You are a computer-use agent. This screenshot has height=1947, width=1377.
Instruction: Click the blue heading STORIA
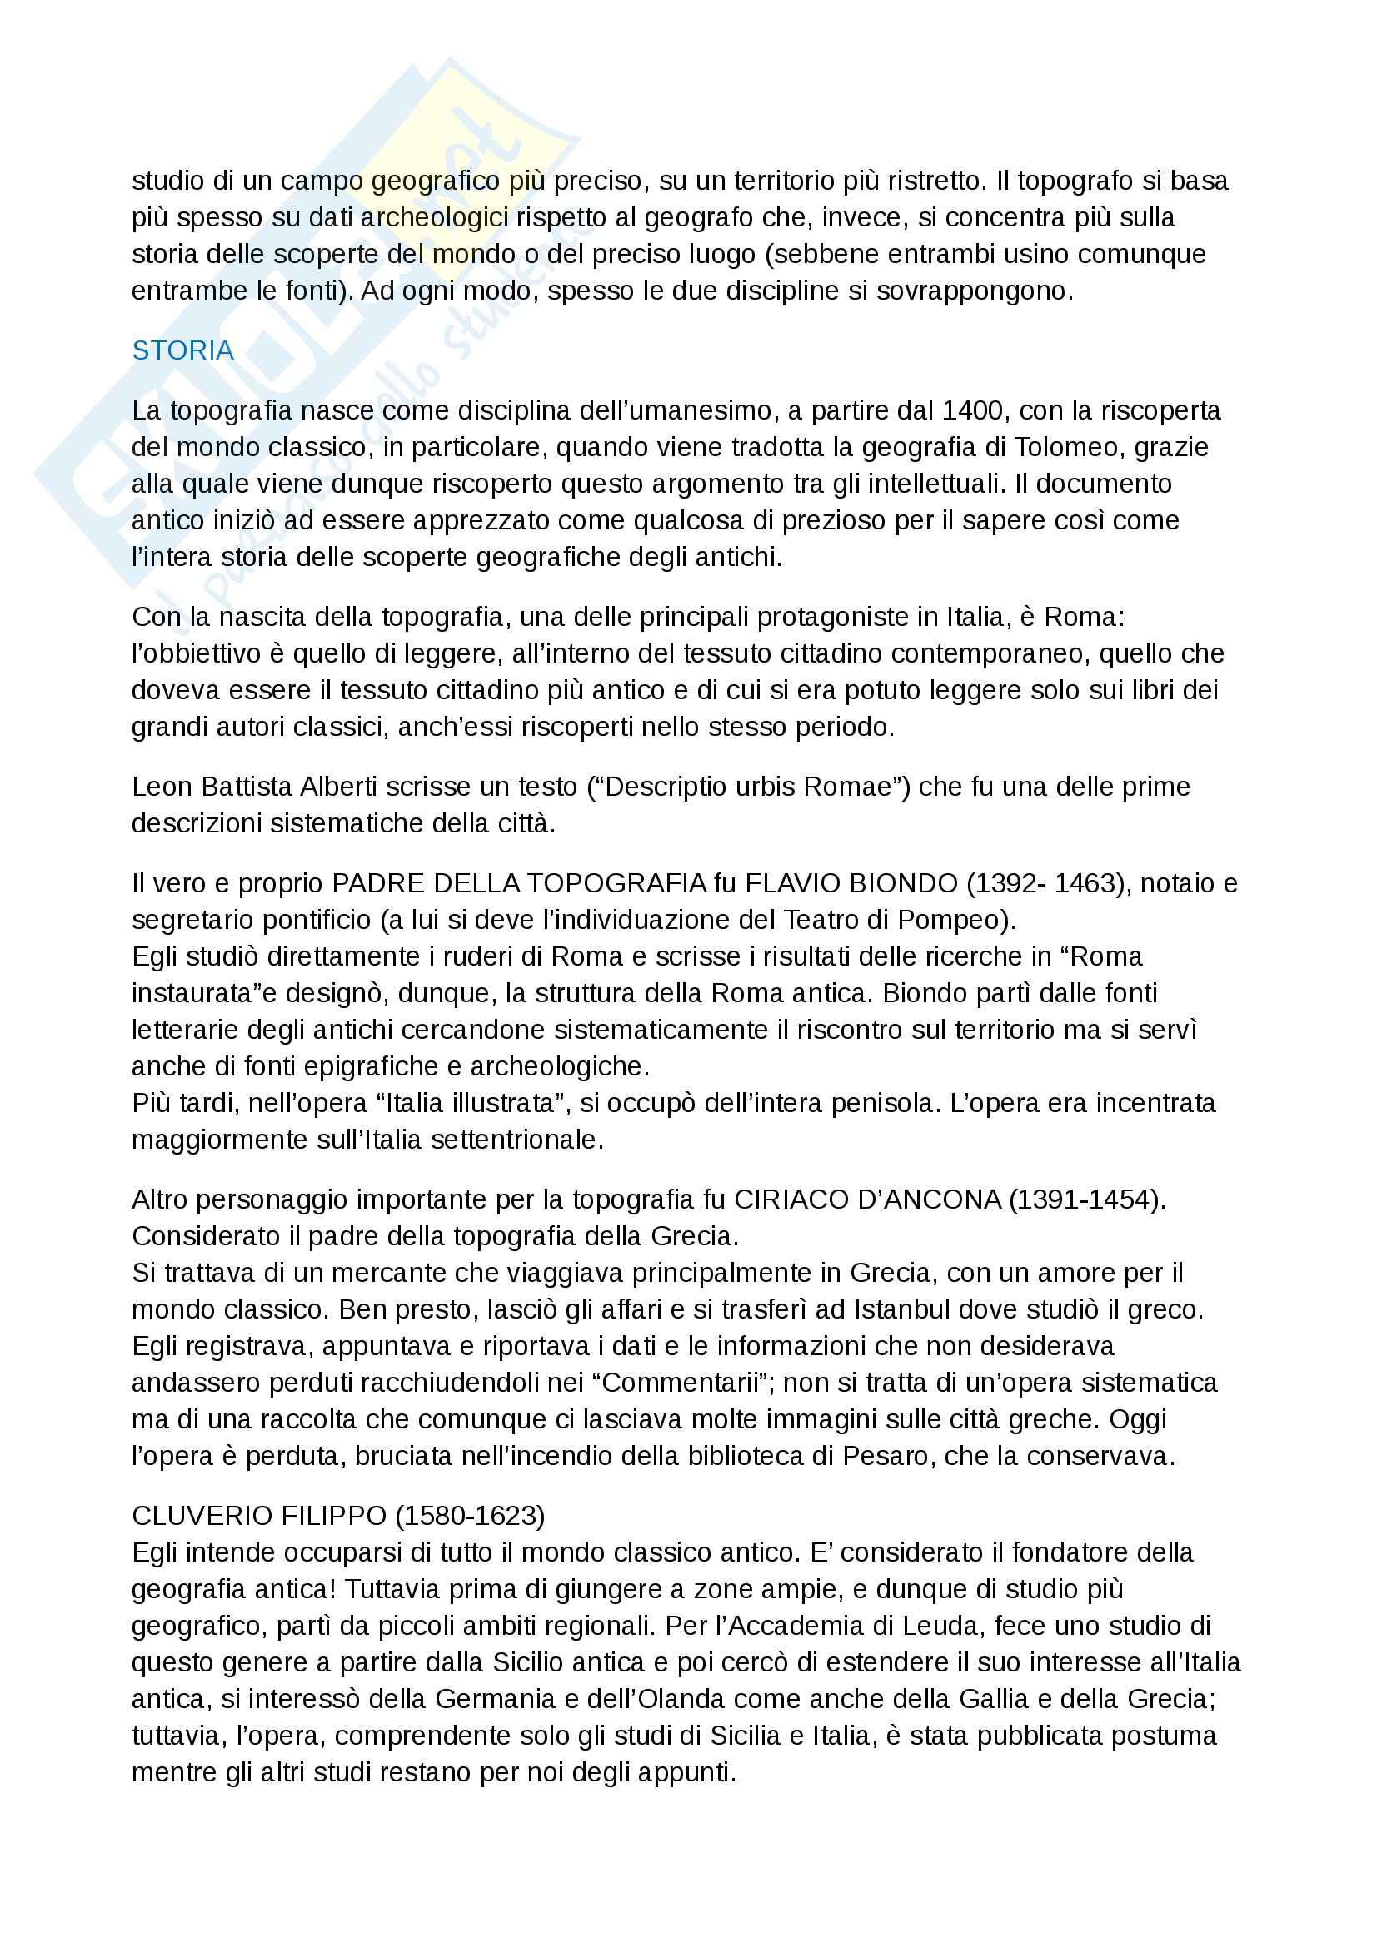pos(182,350)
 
